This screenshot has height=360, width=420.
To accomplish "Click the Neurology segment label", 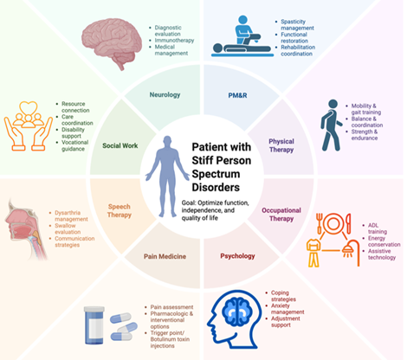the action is pos(165,94).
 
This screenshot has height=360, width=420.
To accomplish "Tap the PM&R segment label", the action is pos(237,95).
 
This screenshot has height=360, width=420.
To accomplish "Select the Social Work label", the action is pos(120,145).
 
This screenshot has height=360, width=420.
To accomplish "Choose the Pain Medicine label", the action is pos(165,256).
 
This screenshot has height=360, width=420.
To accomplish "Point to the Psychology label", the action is pos(237,256).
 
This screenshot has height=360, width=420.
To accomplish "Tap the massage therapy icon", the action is pos(242,36).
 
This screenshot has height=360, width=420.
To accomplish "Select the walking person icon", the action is pos(332,125).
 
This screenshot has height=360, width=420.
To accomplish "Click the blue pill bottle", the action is pos(94,325).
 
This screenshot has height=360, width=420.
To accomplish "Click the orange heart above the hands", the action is pos(29,108).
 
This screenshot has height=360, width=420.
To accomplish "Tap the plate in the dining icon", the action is pos(333,223).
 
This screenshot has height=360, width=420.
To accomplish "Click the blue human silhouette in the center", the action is pos(167,177).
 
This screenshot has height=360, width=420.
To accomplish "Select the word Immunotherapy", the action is pos(174,41).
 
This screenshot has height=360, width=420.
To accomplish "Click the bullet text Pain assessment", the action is pos(171,307).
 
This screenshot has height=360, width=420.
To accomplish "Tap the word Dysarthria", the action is pos(68,213).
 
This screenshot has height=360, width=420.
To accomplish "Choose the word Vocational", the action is pos(75,142).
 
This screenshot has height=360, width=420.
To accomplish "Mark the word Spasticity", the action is pos(293,22).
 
